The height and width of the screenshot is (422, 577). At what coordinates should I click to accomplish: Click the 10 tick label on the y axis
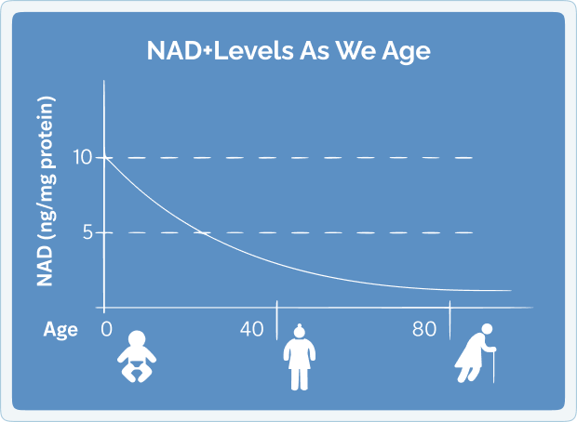click(x=83, y=157)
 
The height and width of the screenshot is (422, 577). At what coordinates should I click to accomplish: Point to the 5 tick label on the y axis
click(x=87, y=232)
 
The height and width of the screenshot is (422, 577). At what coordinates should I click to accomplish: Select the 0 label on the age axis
click(x=106, y=329)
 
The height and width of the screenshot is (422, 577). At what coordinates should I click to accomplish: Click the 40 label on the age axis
click(x=251, y=329)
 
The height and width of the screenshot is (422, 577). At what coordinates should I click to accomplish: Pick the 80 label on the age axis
click(x=424, y=329)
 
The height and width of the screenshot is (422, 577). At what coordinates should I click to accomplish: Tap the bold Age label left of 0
click(x=60, y=330)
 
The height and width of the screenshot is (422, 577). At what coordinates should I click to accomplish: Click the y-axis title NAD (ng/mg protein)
click(x=46, y=191)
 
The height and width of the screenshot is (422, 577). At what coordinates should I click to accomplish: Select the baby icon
click(x=137, y=356)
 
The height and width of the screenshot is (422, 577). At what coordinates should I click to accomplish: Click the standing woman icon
click(x=299, y=357)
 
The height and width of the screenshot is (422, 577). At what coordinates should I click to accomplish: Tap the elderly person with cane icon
click(x=476, y=353)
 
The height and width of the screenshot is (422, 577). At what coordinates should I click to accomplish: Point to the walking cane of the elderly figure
click(x=493, y=366)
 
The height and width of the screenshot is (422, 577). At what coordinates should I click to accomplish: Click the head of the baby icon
click(x=137, y=339)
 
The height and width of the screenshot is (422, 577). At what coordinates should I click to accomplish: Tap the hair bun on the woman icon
click(x=300, y=325)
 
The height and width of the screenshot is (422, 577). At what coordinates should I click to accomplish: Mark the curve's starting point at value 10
click(x=105, y=158)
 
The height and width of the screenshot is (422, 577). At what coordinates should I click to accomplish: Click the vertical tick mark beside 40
click(x=276, y=320)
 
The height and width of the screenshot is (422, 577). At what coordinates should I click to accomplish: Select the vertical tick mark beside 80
click(x=450, y=320)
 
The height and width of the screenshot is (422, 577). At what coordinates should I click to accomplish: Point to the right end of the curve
click(x=511, y=290)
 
